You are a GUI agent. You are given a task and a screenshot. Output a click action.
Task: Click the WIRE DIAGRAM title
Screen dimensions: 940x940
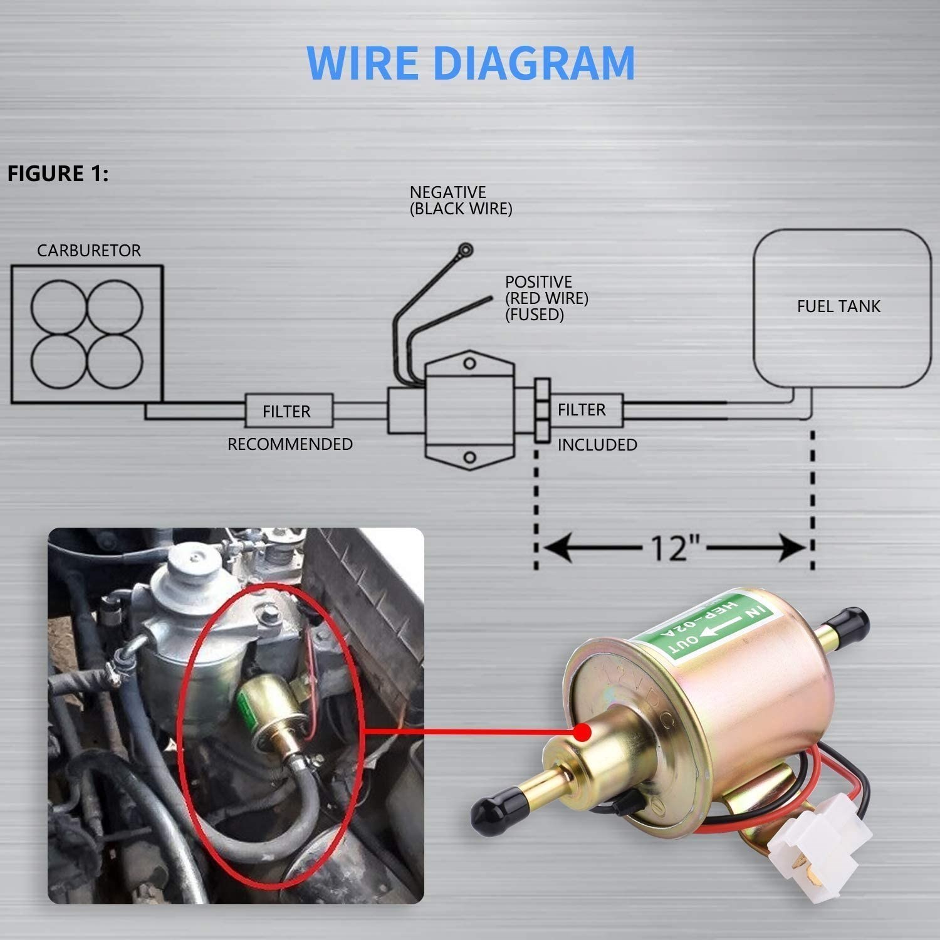point(471,63)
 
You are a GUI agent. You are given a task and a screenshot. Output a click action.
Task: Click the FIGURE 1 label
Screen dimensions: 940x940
point(58,174)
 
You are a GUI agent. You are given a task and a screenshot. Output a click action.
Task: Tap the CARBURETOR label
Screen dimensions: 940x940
point(88,251)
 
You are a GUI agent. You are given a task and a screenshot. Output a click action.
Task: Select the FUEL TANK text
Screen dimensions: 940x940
point(838,306)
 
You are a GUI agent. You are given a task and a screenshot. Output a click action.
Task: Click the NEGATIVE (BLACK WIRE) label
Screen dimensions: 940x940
point(461,201)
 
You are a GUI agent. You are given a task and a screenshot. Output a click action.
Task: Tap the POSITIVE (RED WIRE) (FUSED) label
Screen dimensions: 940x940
point(546,298)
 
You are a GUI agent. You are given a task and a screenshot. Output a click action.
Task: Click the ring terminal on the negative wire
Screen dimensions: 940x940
point(465,250)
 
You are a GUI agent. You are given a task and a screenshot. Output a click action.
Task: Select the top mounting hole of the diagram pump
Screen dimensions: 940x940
point(469,363)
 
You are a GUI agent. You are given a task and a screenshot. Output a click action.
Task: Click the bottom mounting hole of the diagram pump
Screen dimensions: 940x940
point(469,457)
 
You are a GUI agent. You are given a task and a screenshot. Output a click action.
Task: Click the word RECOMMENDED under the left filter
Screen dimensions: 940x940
point(290,444)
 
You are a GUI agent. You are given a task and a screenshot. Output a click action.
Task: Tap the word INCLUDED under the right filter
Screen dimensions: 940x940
point(597,445)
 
